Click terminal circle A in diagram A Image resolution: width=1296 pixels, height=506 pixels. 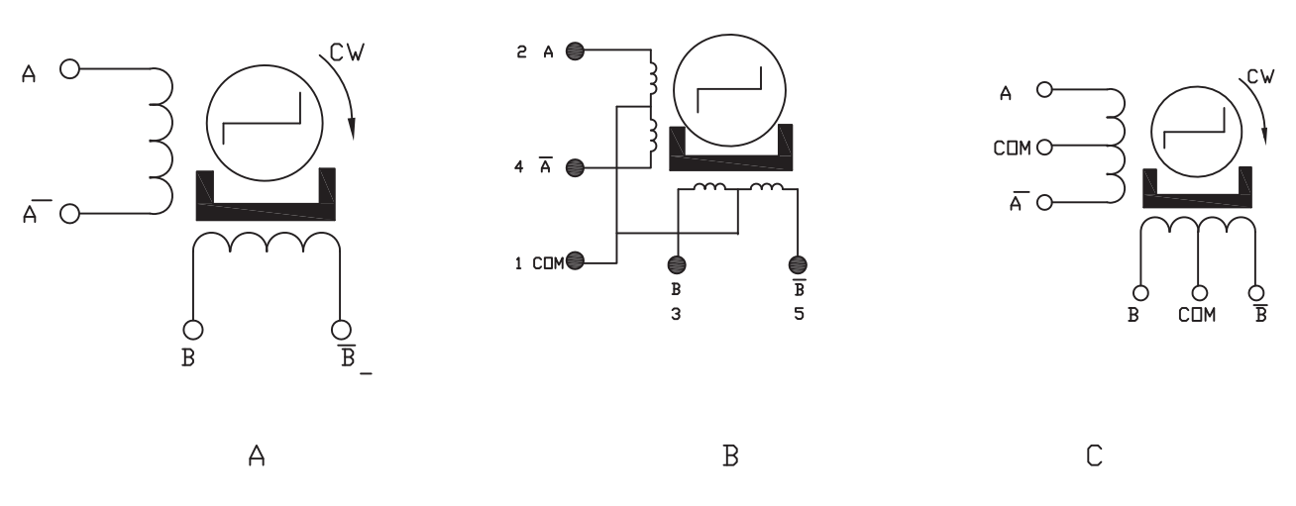pyautogui.click(x=68, y=69)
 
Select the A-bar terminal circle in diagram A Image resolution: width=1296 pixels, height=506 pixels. pyautogui.click(x=68, y=212)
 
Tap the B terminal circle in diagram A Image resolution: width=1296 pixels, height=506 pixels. pyautogui.click(x=193, y=329)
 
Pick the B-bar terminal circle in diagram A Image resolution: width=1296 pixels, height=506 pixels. pyautogui.click(x=341, y=329)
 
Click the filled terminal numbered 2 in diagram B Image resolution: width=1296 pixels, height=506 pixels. pyautogui.click(x=573, y=52)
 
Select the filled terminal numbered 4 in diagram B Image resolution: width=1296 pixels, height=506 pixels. pyautogui.click(x=573, y=167)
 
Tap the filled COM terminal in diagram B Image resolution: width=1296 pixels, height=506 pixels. pyautogui.click(x=577, y=261)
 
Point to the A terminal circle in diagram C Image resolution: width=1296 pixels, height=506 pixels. pyautogui.click(x=1043, y=91)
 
